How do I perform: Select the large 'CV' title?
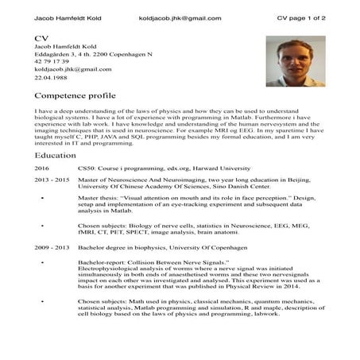pyautogui.click(x=43, y=38)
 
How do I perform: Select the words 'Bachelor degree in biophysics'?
pyautogui.click(x=122, y=249)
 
